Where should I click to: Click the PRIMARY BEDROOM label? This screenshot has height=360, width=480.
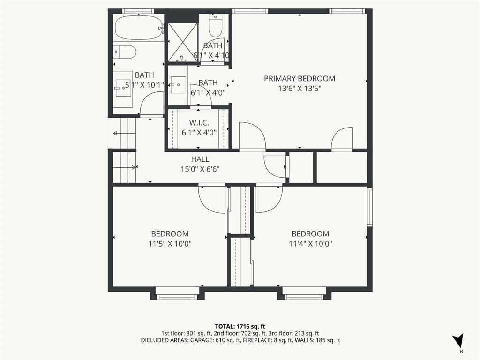[x=300, y=79]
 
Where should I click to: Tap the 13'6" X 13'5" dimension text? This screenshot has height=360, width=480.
[x=300, y=89]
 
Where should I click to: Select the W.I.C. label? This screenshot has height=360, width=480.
[x=199, y=123]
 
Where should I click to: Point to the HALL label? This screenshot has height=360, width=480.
[x=200, y=159]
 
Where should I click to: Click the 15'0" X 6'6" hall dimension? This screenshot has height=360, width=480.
[x=200, y=169]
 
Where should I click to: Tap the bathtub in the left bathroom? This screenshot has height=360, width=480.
[x=138, y=28]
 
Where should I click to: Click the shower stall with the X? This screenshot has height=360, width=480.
[x=182, y=42]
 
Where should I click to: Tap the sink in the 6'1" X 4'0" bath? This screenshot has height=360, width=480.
[x=178, y=85]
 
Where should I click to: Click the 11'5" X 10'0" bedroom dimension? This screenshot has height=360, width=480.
[x=170, y=244]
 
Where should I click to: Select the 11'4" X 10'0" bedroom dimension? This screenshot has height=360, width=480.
[x=310, y=244]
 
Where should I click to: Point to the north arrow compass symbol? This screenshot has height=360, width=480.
[x=458, y=340]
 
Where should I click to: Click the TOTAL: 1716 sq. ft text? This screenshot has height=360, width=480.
[x=240, y=326]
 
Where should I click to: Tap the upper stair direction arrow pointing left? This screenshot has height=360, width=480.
[x=124, y=133]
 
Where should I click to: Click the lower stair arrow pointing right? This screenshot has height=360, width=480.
[x=124, y=167]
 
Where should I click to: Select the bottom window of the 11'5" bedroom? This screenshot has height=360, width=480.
[x=177, y=296]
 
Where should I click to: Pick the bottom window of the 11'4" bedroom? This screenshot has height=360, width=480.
[x=304, y=296]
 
